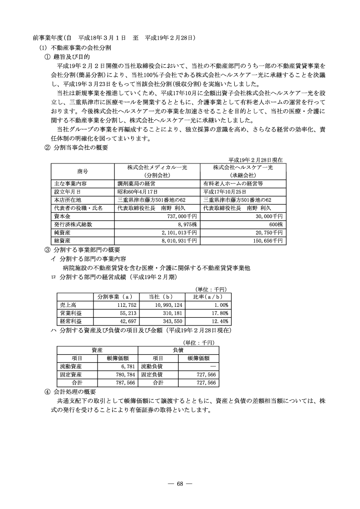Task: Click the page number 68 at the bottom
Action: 180,484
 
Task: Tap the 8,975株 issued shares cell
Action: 186,224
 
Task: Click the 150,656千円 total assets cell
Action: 268,240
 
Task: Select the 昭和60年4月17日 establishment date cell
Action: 138,192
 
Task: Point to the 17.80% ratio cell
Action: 220,313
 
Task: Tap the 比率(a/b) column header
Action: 209,297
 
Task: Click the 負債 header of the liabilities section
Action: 178,350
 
